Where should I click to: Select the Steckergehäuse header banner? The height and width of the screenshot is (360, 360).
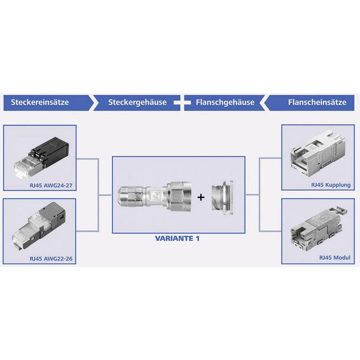click(x=137, y=102)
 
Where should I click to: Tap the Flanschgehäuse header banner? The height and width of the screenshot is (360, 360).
click(x=225, y=102)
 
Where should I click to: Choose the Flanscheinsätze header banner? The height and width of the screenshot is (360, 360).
click(x=317, y=102)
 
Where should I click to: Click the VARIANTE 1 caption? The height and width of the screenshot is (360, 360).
click(x=177, y=238)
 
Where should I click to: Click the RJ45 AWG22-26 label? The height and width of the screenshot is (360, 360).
click(x=50, y=258)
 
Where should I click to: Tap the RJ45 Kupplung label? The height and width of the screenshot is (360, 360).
click(x=330, y=185)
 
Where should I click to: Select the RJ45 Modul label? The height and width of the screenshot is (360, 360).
click(x=334, y=258)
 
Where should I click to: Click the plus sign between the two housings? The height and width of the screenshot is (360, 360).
click(x=201, y=197)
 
